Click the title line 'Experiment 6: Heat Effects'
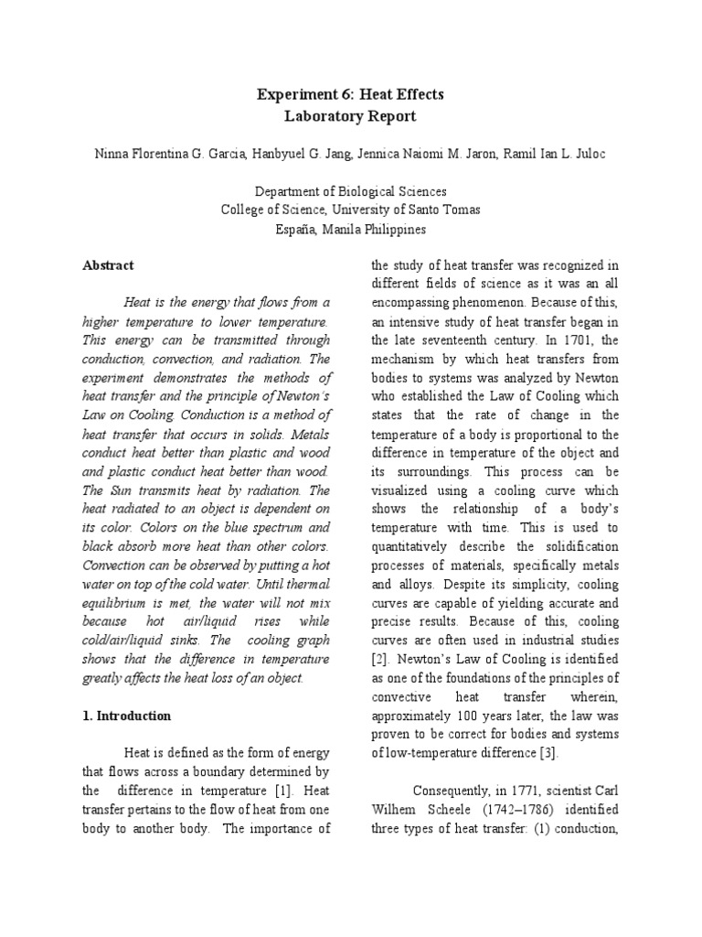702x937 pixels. pos(351,94)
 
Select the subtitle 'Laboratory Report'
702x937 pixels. pos(351,116)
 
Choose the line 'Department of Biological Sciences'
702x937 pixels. pos(351,191)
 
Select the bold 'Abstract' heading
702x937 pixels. pos(108,265)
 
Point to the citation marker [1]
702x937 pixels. pos(284,790)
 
